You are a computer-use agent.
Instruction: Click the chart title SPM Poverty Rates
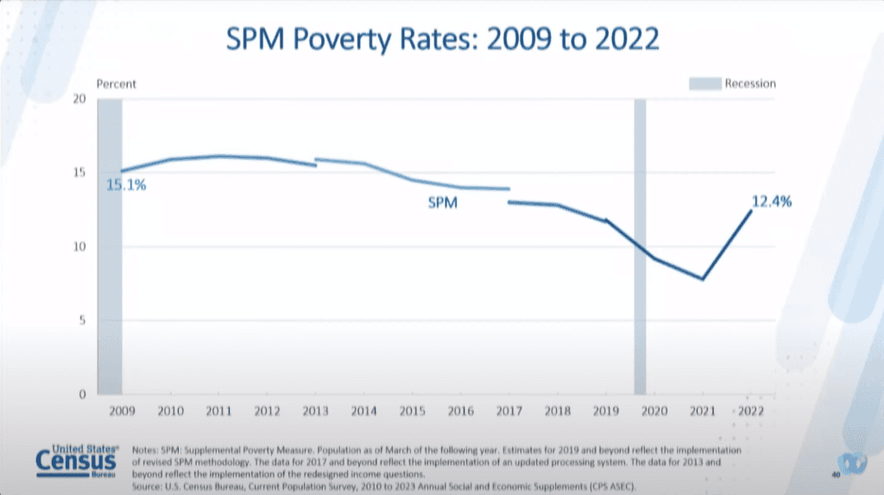[x=441, y=40]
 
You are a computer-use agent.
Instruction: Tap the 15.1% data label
[x=126, y=185]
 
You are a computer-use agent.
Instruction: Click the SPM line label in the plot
[x=442, y=205]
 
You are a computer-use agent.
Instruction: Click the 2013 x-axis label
[x=315, y=412]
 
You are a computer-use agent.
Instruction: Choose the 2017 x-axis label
[x=508, y=412]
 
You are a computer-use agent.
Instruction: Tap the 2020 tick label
[x=654, y=412]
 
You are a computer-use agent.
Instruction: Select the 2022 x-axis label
[x=751, y=412]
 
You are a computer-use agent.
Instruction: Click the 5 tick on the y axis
[x=82, y=321]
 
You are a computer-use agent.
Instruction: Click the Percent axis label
[x=117, y=85]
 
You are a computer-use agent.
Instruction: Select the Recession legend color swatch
[x=703, y=85]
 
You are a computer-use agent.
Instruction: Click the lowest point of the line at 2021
[x=703, y=279]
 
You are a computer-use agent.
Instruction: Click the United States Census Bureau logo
[x=78, y=461]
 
